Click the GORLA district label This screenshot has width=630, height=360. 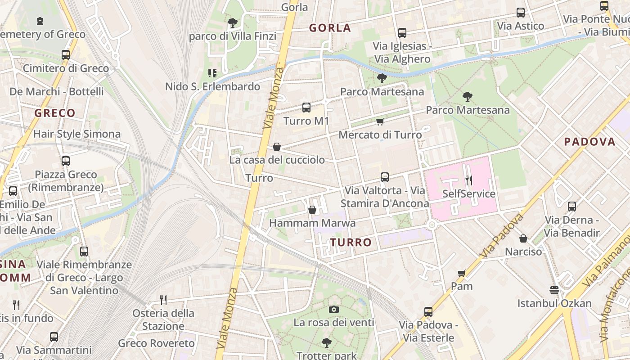click(x=330, y=28)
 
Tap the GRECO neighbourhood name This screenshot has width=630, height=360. click(x=55, y=113)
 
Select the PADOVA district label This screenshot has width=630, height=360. click(x=589, y=142)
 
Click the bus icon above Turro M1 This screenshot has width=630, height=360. click(x=306, y=108)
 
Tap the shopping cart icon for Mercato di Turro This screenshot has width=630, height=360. click(x=380, y=121)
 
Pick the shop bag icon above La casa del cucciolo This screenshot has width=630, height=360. click(x=277, y=147)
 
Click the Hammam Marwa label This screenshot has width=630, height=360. click(x=312, y=223)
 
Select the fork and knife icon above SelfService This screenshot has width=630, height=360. click(x=469, y=180)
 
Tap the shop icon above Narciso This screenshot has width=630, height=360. click(x=523, y=238)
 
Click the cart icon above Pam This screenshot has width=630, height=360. click(x=462, y=273)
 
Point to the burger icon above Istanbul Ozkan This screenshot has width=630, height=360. click(x=554, y=290)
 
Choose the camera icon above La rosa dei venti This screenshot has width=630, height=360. click(x=333, y=309)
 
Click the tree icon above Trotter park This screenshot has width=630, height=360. click(x=327, y=343)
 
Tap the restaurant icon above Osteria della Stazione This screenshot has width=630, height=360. click(x=163, y=300)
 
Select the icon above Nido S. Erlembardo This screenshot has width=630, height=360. click(x=212, y=73)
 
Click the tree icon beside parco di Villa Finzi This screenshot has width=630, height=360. click(x=232, y=22)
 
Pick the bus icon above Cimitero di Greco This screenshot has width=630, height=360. click(x=66, y=55)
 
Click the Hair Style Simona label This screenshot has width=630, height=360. click(x=77, y=134)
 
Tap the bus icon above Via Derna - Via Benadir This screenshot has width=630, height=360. click(x=571, y=207)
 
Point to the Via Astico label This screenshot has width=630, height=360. click(x=521, y=26)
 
